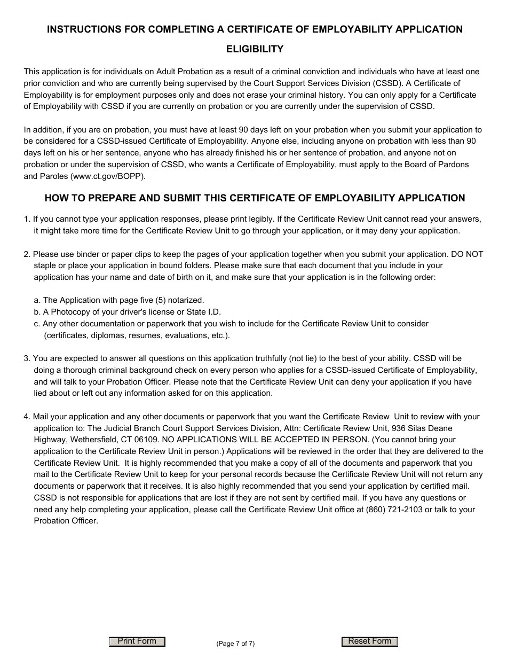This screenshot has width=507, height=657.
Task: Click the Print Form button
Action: tap(137, 642)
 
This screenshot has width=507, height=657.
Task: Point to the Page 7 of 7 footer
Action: tap(235, 644)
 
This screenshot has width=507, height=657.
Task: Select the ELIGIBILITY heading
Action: tap(255, 49)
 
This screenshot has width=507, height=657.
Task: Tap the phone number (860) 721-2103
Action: tap(394, 510)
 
